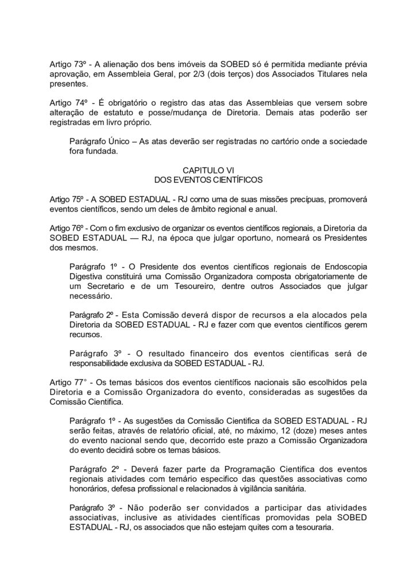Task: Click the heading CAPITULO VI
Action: coord(208,171)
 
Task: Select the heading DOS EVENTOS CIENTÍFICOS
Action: coord(208,180)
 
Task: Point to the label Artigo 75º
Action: coord(67,199)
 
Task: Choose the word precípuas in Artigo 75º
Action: coord(306,199)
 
